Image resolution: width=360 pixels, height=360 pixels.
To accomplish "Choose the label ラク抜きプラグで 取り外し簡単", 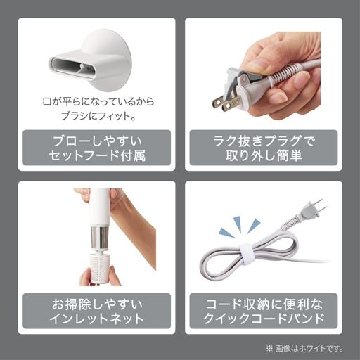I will point(262,146).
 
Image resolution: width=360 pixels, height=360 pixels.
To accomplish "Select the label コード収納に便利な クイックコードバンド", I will point(262,311).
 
